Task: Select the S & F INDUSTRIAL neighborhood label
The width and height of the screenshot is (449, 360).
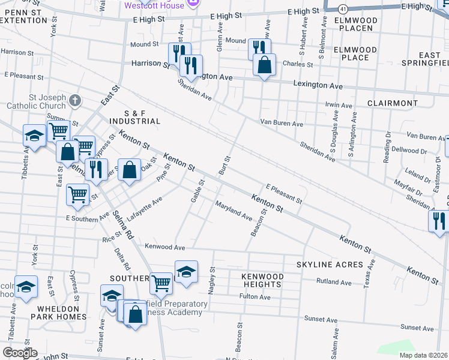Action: [x=134, y=117]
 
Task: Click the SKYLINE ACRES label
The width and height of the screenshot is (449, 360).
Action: [x=330, y=264]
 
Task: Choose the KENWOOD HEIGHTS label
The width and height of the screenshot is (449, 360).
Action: [x=262, y=280]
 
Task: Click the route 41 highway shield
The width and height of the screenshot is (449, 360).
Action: [x=342, y=10]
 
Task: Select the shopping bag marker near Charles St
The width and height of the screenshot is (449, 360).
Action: [x=264, y=65]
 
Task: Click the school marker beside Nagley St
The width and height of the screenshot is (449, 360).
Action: [x=186, y=272]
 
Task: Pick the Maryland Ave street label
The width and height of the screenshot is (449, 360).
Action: [x=234, y=210]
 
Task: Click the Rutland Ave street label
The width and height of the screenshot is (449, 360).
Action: [x=334, y=281]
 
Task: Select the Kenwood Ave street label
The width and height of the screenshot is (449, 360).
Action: [x=164, y=247]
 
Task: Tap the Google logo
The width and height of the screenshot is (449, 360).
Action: [x=19, y=353]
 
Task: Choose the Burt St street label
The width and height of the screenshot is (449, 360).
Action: [x=225, y=164]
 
